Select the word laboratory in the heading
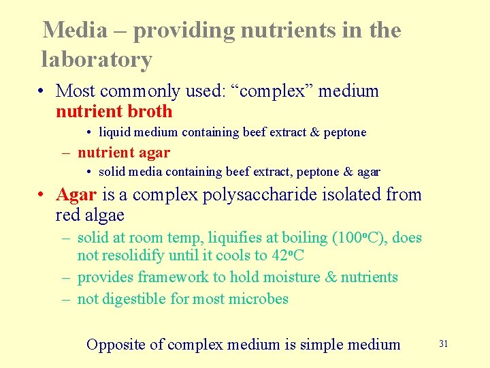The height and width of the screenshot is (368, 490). pos(97,60)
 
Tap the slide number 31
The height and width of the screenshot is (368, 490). pos(444,344)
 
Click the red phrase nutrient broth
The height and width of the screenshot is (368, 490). pos(114,112)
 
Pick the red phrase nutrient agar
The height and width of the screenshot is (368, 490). pos(124,153)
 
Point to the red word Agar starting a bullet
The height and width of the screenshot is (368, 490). pos(76,195)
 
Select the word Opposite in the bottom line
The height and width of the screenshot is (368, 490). pos(116,345)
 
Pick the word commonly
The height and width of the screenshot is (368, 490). pos(142,91)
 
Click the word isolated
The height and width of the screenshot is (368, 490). pos(350,195)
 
